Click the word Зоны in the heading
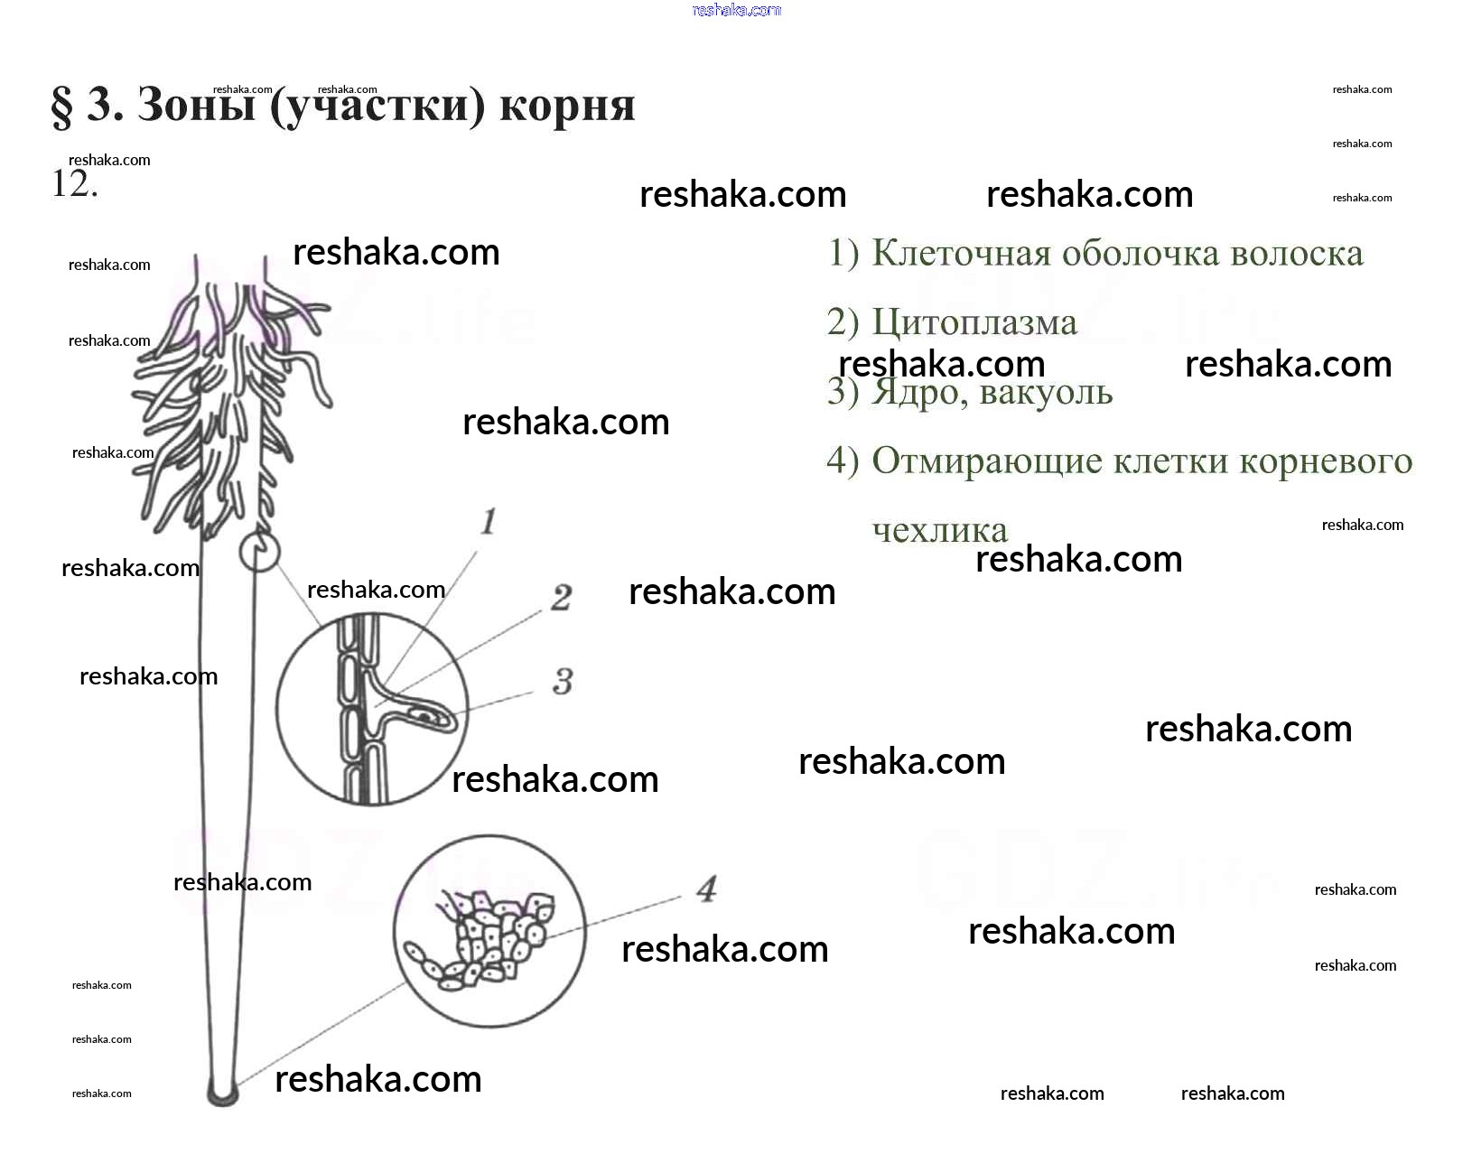pos(196,106)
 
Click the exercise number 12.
pos(73,184)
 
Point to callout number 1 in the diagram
pos(489,521)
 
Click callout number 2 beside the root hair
pos(561,597)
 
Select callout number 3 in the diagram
pos(563,681)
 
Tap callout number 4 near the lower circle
pos(706,889)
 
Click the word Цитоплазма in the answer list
pos(974,322)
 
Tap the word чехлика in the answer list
pos(939,530)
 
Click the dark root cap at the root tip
pos(222,1094)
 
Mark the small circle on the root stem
pos(259,552)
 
